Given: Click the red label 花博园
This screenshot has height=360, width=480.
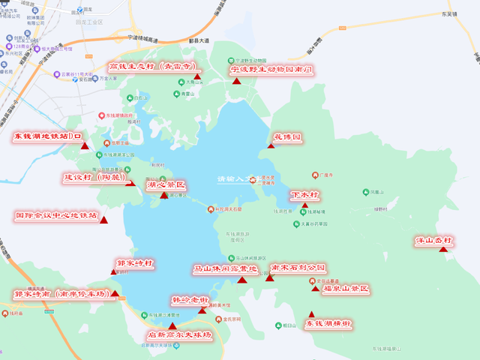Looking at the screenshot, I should coord(286,138).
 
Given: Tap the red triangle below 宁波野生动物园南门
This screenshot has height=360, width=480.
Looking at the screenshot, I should coord(237,80).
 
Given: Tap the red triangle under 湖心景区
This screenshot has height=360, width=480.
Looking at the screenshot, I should coord(164,195).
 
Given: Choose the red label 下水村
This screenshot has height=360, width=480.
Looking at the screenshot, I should coord(304,194).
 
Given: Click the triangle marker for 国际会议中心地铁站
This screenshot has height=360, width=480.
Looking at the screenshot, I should coord(103,220).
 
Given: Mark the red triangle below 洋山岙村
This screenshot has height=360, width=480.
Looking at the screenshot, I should coord(445,249).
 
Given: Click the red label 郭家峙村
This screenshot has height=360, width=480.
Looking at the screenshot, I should coord(135,263).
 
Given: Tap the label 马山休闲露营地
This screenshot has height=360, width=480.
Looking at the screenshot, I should coord(225,268).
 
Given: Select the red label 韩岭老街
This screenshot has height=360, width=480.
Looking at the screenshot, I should coord(190,300).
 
